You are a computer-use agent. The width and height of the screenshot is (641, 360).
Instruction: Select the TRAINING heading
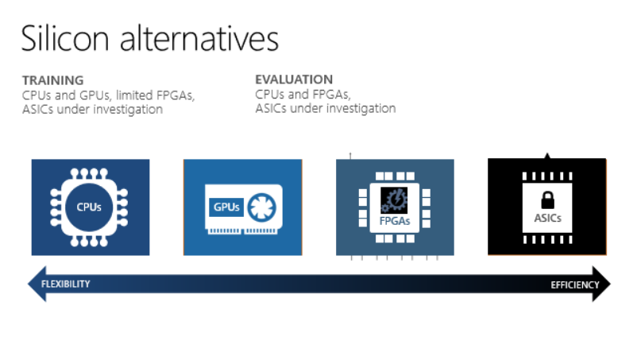[52, 80]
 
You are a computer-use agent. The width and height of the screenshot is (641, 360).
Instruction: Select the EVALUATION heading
[294, 79]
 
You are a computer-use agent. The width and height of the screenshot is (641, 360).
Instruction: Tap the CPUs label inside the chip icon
[89, 207]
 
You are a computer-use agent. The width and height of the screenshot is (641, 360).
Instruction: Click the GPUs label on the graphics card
[226, 207]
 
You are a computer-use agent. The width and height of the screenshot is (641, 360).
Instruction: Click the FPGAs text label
[395, 221]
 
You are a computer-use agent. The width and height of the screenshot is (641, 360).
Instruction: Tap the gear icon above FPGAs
[394, 200]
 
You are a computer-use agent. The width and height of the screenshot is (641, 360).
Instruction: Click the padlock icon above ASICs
[547, 200]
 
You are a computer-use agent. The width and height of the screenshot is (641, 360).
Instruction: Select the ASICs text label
[547, 218]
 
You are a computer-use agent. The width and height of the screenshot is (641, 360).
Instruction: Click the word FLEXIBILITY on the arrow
[65, 284]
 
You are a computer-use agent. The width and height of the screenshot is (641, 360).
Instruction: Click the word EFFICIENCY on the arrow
[574, 285]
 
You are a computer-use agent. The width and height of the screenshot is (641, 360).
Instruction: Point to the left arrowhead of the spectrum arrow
[37, 284]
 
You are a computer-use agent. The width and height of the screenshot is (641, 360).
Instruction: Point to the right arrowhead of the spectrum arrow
[601, 284]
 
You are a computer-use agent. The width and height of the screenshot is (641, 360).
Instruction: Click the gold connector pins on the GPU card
[242, 231]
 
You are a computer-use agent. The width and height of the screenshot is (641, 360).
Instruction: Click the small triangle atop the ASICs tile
[547, 156]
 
